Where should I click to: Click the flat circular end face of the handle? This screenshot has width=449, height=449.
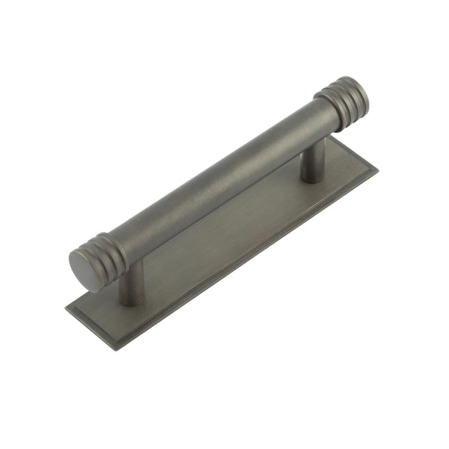(x=84, y=271)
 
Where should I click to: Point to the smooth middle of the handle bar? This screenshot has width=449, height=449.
(x=219, y=180)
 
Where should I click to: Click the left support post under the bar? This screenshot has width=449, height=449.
(x=132, y=283)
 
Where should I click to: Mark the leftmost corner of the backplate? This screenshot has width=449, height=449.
(x=66, y=308)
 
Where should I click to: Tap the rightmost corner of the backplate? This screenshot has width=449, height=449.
(x=377, y=171)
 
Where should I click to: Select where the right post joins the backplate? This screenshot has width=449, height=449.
(x=311, y=179)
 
